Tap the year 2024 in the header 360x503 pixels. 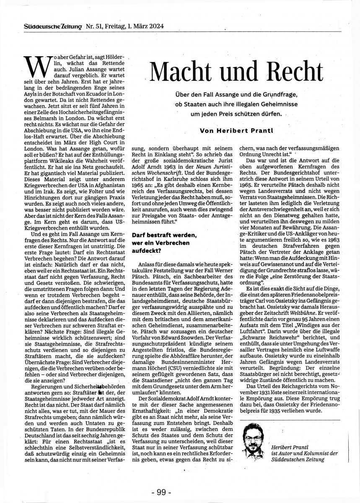pos(155,27)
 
